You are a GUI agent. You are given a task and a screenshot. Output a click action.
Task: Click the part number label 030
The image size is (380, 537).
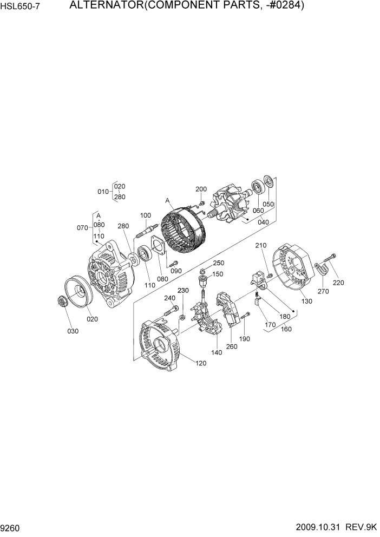(73, 331)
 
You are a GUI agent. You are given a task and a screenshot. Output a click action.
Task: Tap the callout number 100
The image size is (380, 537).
(145, 215)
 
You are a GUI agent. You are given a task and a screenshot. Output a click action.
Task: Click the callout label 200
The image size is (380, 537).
(201, 189)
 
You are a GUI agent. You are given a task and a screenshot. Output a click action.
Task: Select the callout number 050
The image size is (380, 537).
(268, 204)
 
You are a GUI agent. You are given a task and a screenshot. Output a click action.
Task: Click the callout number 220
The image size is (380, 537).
(338, 282)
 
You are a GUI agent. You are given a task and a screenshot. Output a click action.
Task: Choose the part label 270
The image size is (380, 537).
(323, 292)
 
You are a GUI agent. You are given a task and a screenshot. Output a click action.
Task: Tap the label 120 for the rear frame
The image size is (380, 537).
(201, 363)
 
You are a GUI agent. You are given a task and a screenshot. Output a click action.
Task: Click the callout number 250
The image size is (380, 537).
(219, 263)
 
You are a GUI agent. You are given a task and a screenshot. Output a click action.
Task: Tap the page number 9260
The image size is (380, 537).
(11, 527)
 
